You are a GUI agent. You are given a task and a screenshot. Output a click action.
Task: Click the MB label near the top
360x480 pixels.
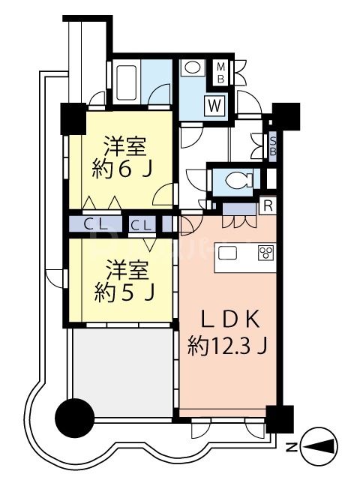[x=221, y=73]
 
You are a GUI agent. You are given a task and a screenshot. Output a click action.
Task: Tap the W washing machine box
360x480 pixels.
[x=215, y=105]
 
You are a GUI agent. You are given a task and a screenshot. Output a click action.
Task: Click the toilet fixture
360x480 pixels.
[x=238, y=180]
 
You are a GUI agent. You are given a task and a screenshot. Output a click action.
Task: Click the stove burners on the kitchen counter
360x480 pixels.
[x=265, y=252]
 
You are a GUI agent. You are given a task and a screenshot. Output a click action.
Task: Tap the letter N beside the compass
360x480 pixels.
[x=291, y=448]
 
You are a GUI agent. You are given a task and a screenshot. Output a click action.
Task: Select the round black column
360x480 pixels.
[x=76, y=414]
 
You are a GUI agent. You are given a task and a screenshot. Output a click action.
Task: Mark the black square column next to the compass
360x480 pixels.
[x=280, y=418]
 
